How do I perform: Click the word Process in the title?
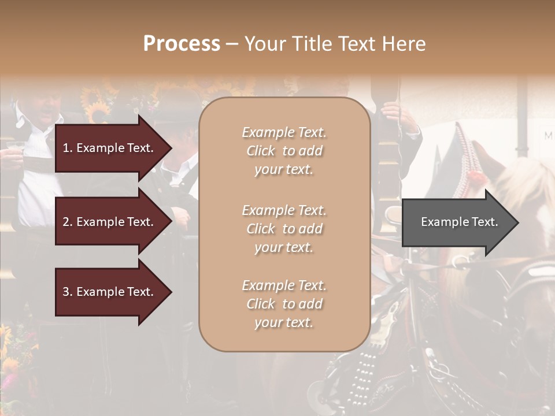click(x=182, y=44)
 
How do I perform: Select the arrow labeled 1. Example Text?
click(x=110, y=148)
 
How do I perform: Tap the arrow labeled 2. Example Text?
click(x=110, y=222)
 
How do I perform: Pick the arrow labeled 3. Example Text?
click(x=110, y=292)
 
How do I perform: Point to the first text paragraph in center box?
click(x=284, y=151)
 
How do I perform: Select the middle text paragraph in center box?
click(x=284, y=229)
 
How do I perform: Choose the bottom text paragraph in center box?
click(x=284, y=304)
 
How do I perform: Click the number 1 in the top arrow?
click(x=66, y=148)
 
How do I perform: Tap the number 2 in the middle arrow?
click(x=66, y=222)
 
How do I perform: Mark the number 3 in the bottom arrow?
click(x=66, y=292)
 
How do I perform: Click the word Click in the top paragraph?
click(x=261, y=151)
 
